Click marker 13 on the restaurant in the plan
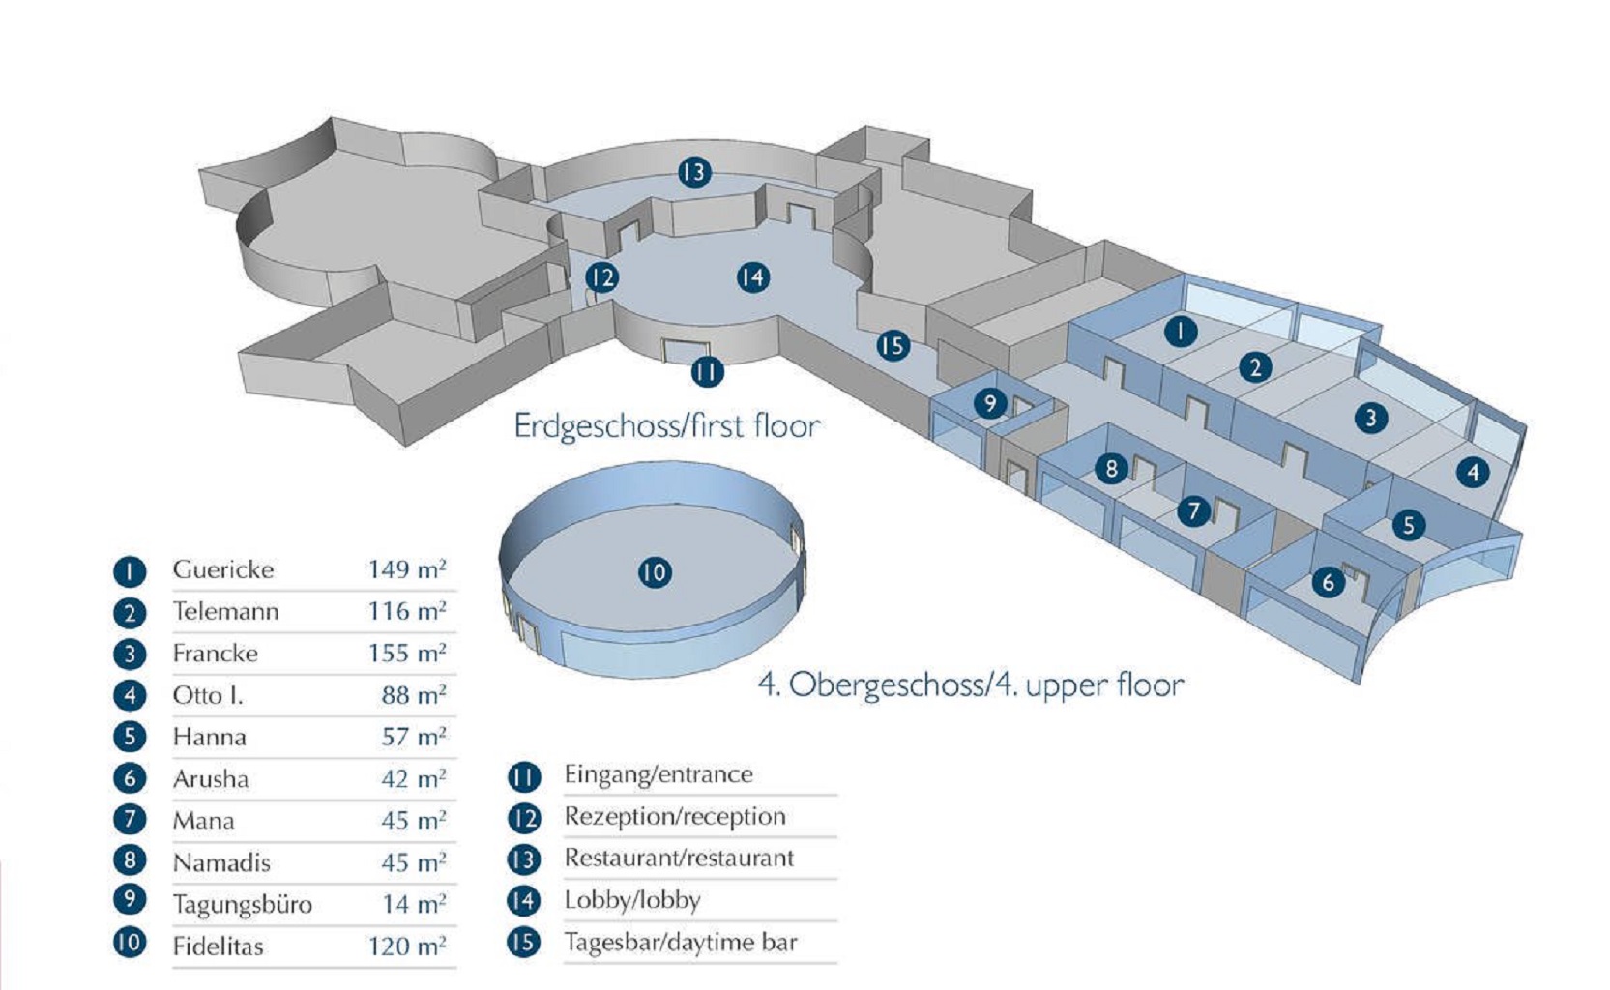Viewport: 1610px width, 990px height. point(694,173)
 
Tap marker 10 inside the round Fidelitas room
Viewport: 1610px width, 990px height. point(655,572)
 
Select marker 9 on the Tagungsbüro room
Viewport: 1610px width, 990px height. point(989,402)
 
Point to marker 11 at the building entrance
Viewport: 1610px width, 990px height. point(707,371)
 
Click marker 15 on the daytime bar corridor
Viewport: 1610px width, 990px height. point(893,345)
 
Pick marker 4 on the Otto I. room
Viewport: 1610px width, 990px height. point(1473,472)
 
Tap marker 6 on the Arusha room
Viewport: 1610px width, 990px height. point(1329,582)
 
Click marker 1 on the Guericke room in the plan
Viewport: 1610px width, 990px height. point(1180,332)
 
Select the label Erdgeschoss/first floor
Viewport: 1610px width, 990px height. point(666,425)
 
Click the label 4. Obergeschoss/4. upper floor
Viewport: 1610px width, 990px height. point(971,684)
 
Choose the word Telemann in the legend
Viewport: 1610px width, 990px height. point(225,611)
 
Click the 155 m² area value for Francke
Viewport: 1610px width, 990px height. point(406,654)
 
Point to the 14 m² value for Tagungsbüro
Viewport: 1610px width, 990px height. point(413,904)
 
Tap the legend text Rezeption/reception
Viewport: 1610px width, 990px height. point(675,816)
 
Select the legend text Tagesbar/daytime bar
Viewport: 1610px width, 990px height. point(681,942)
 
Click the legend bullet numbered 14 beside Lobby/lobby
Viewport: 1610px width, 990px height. point(523,901)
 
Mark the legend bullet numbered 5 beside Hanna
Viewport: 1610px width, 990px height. point(130,737)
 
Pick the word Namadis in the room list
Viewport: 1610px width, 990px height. point(221,862)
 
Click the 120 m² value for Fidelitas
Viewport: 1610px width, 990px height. point(406,946)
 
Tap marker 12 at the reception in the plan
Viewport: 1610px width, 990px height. point(601,278)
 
